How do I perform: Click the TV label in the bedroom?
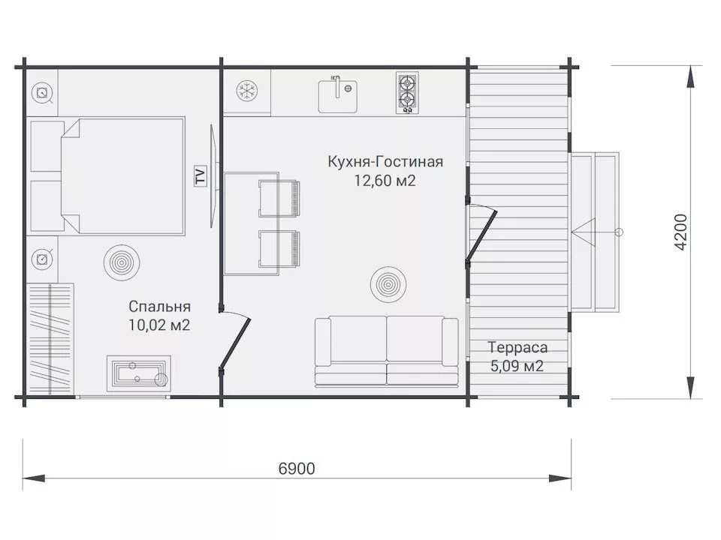pyautogui.click(x=201, y=175)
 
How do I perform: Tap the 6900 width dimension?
pyautogui.click(x=297, y=468)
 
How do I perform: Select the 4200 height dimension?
pyautogui.click(x=680, y=232)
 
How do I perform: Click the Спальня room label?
pyautogui.click(x=159, y=306)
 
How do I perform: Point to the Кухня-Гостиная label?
pyautogui.click(x=385, y=162)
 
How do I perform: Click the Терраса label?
pyautogui.click(x=517, y=347)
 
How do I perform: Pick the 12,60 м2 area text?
pyautogui.click(x=385, y=181)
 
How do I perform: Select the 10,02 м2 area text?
pyautogui.click(x=159, y=325)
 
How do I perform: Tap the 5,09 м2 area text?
pyautogui.click(x=517, y=366)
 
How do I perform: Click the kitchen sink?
pyautogui.click(x=338, y=96)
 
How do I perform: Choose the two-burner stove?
pyautogui.click(x=407, y=93)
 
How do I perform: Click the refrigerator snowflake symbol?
pyautogui.click(x=247, y=91)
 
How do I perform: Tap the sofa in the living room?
pyautogui.click(x=386, y=351)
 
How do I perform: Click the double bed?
pyautogui.click(x=122, y=176)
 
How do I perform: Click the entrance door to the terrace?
pyautogui.click(x=481, y=234)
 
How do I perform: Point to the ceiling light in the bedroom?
pyautogui.click(x=122, y=262)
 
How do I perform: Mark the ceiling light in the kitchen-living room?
pyautogui.click(x=388, y=285)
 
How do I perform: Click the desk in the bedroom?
pyautogui.click(x=139, y=373)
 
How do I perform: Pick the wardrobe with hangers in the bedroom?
pyautogui.click(x=50, y=338)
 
